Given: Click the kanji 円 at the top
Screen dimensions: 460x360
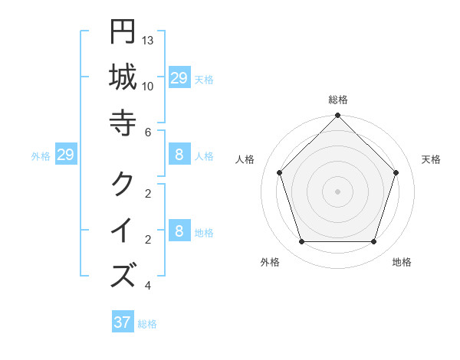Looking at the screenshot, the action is tap(123, 32).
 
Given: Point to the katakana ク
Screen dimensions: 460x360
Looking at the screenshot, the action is tap(123, 183).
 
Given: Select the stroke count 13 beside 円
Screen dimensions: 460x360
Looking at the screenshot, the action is tap(148, 40).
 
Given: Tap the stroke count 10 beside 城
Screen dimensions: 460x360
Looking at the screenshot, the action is tap(148, 86).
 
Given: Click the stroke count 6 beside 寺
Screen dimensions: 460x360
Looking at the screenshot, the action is tap(148, 132).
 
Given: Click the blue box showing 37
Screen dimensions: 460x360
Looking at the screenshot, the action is tap(123, 322).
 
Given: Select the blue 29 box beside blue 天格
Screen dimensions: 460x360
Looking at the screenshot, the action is tap(179, 78).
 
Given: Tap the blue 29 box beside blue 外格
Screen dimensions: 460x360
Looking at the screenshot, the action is tap(66, 155).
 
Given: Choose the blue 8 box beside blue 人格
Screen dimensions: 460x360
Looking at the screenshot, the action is tap(179, 155).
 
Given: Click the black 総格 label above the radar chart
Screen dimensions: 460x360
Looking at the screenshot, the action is tap(338, 100).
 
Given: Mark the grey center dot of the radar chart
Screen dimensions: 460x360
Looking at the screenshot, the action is tap(338, 191).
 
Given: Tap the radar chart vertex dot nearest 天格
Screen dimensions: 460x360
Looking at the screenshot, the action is tap(396, 172).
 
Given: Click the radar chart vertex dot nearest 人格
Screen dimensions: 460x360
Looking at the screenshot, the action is tap(280, 172).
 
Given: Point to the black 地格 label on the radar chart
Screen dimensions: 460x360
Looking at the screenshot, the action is tap(402, 262).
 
